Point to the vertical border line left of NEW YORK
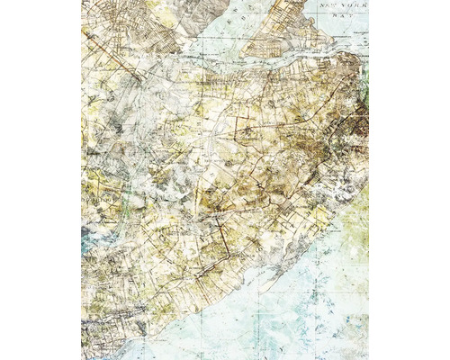click(316, 13)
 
